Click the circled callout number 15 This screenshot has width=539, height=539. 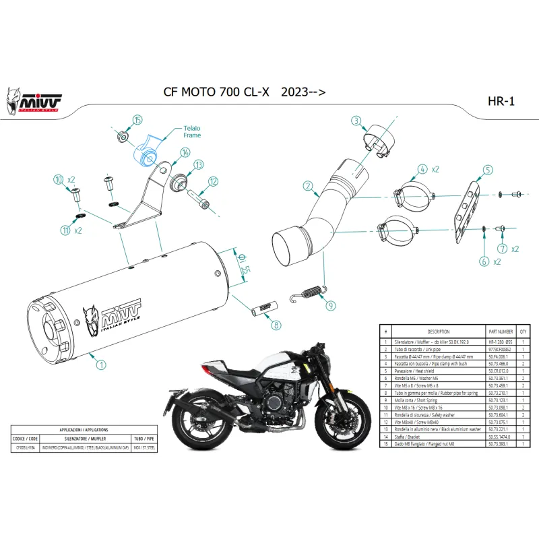[137, 120]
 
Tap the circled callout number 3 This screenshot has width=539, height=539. [356, 121]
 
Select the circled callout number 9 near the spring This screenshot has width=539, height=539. [330, 305]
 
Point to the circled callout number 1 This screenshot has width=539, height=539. [101, 365]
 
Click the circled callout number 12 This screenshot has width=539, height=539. [213, 181]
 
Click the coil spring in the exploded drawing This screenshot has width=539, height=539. [309, 293]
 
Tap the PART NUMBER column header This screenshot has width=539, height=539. [500, 332]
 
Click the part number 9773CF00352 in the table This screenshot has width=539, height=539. [498, 349]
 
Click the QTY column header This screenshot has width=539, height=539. [524, 332]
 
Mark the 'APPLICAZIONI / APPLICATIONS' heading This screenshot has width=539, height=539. [84, 429]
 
